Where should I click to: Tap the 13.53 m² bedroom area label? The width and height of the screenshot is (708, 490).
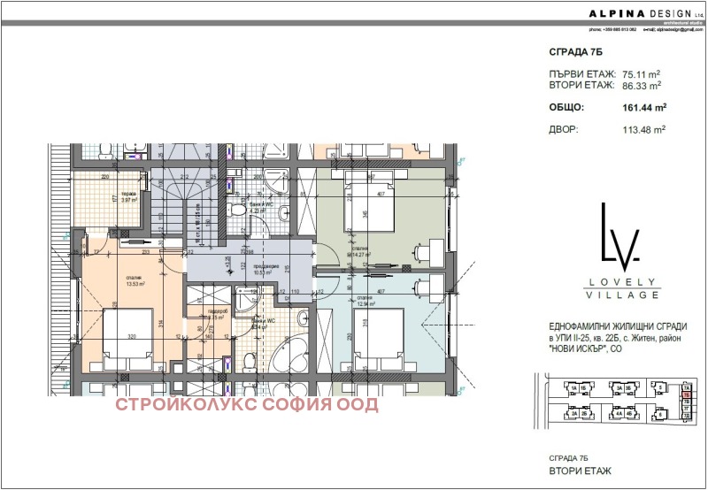click(135, 283)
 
